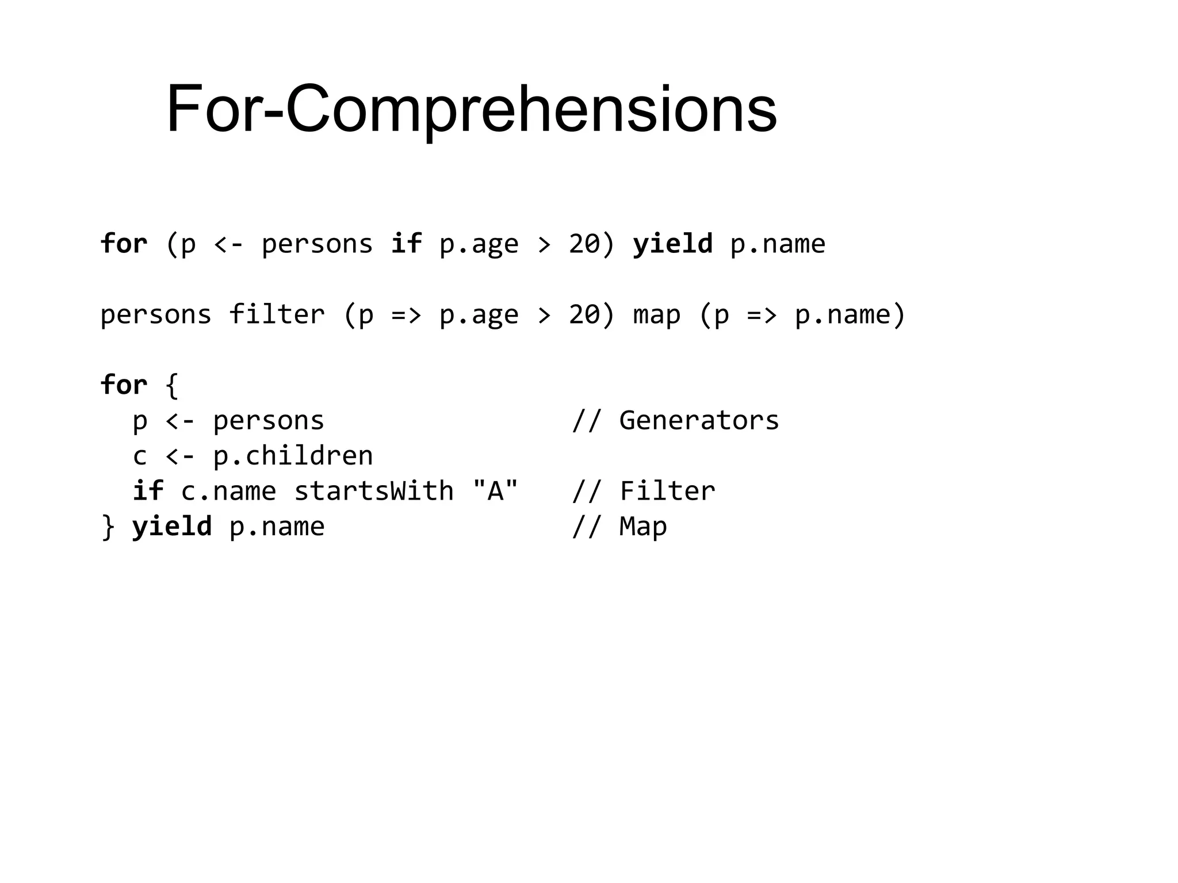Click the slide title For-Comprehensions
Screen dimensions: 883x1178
pos(472,109)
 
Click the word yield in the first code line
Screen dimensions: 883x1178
pos(672,244)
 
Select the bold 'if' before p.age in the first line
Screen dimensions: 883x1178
pos(406,244)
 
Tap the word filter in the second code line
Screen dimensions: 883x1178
pos(277,314)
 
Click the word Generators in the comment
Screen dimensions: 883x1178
pos(699,420)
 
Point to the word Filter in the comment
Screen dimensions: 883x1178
pos(667,491)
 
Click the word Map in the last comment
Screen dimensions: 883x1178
pos(643,527)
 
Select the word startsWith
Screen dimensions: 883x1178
pos(374,491)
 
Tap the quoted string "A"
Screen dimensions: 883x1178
pos(495,490)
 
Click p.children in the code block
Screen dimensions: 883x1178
pos(293,456)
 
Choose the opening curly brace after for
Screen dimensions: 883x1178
pos(171,385)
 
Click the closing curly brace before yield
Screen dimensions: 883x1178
pos(108,527)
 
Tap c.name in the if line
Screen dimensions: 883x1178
pos(228,491)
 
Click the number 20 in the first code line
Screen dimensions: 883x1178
pos(584,244)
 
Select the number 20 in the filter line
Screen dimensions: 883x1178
pos(584,314)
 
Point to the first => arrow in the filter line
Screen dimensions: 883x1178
pos(406,315)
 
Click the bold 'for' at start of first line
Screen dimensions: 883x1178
pos(124,244)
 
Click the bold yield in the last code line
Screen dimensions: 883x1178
pos(172,527)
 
